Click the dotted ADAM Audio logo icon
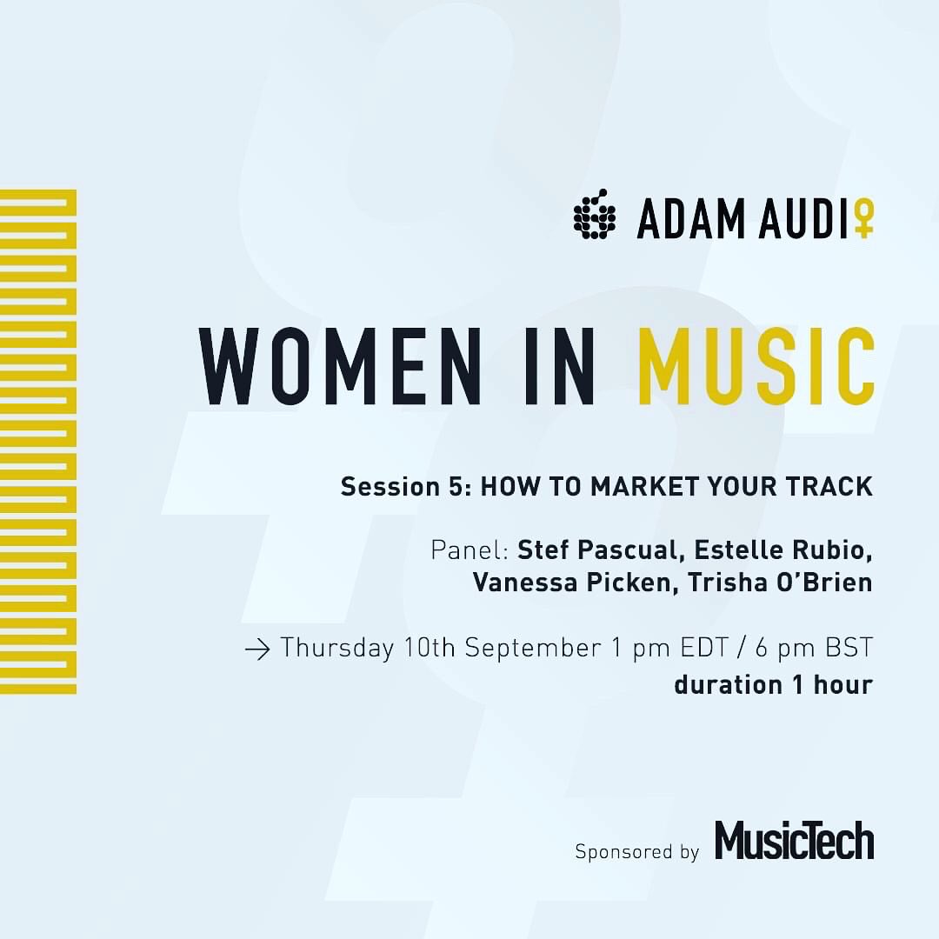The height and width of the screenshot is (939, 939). pos(595,215)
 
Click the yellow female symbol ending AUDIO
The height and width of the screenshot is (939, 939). pos(862,219)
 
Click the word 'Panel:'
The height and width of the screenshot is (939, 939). pos(469,551)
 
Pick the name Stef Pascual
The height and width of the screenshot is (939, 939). pos(601,551)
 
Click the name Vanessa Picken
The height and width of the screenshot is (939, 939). pos(574,583)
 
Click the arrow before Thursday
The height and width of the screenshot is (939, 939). pos(258,649)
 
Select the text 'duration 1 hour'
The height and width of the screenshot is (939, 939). pos(773,684)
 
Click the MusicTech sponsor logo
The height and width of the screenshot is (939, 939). pos(794,842)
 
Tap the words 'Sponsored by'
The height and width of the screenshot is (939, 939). pos(637,851)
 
